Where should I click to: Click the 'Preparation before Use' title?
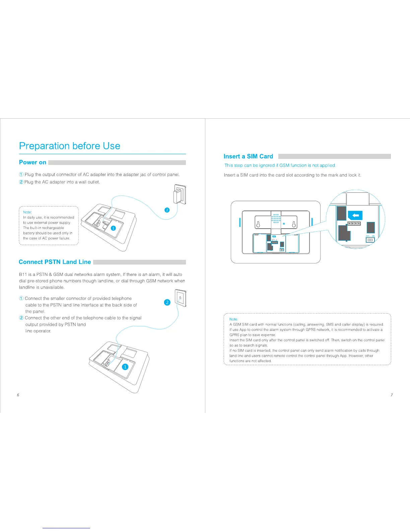pos(70,146)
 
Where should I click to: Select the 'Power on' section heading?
pos(32,162)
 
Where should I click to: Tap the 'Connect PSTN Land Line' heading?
pos(55,262)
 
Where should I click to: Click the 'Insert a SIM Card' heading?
pos(248,156)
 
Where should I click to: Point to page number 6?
pos(18,395)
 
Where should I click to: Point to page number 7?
pos(392,395)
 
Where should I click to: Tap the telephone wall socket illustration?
pos(181,298)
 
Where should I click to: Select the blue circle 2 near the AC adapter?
pos(167,210)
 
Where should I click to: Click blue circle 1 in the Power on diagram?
pos(113,228)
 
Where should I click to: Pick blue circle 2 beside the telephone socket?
pos(167,302)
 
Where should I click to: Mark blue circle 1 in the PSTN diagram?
pos(125,367)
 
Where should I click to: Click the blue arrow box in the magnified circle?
pos(355,215)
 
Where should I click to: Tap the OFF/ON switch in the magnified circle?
pos(370,240)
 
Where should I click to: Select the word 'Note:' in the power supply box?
pos(27,212)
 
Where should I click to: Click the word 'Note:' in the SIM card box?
pos(234,319)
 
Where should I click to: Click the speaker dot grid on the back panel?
pos(276,219)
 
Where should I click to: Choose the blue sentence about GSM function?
pos(280,165)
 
